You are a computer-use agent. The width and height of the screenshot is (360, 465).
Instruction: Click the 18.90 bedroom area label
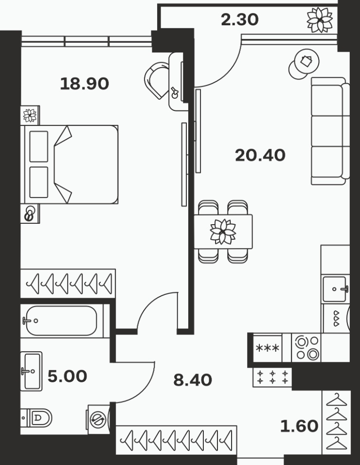click(x=85, y=84)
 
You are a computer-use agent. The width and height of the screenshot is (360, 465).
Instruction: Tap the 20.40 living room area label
click(x=260, y=155)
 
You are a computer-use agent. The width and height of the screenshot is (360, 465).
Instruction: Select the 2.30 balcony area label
click(x=240, y=19)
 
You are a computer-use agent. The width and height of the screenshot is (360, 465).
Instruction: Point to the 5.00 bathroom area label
click(x=67, y=376)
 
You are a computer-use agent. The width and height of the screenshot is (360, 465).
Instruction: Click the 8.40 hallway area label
click(x=193, y=380)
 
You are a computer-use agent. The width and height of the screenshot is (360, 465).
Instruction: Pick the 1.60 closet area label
click(x=299, y=426)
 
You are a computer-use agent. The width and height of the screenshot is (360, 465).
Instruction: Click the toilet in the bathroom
click(x=36, y=417)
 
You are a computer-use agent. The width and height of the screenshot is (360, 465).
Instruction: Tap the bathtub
click(x=61, y=321)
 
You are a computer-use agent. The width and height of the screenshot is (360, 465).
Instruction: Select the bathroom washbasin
click(x=31, y=371)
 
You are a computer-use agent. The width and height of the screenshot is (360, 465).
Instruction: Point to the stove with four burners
click(x=306, y=348)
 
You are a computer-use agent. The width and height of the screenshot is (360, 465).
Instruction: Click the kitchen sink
click(x=335, y=289)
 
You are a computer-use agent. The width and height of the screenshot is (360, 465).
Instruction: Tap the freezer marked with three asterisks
click(x=268, y=348)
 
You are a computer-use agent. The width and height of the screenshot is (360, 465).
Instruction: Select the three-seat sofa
click(x=330, y=131)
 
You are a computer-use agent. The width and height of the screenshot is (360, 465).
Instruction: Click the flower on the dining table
click(x=223, y=232)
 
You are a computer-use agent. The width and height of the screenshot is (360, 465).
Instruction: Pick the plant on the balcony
click(x=320, y=20)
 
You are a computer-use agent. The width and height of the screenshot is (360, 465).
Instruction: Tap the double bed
click(x=70, y=164)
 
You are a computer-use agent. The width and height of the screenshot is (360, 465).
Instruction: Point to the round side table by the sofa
click(x=304, y=64)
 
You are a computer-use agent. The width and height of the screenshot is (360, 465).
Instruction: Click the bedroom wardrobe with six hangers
click(x=68, y=284)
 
